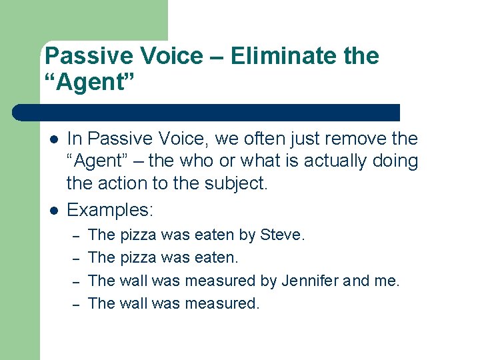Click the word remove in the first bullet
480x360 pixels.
pos(342,139)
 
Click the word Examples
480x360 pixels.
pos(110,210)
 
